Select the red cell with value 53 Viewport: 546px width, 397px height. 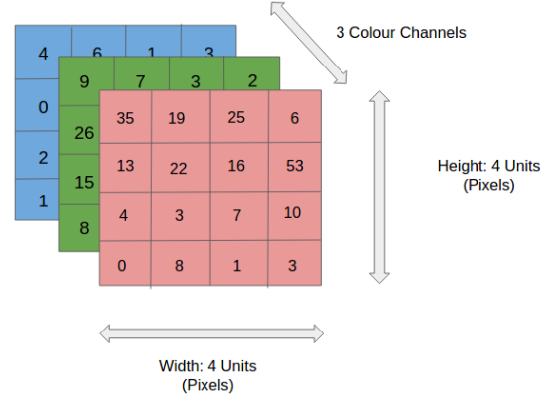pos(294,165)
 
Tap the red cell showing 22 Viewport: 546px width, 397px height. pos(179,167)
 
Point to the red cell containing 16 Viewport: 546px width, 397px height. pos(236,165)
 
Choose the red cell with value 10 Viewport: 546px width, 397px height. pos(294,214)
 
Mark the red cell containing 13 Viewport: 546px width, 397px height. pos(126,165)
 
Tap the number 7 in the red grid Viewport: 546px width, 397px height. pos(236,215)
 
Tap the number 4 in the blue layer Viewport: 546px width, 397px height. pos(42,53)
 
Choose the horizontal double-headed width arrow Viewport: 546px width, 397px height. pos(212,332)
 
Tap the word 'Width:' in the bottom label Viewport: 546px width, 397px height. pos(180,365)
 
